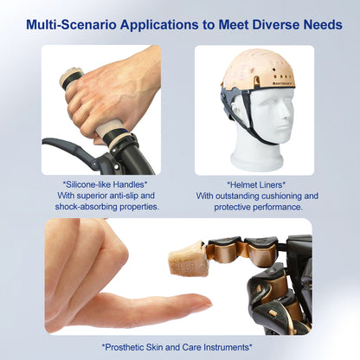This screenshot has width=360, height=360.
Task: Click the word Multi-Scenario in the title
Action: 72,25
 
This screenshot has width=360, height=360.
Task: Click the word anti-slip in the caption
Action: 119,196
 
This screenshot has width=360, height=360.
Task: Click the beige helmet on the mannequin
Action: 258,68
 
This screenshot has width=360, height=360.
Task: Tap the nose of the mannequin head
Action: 287,116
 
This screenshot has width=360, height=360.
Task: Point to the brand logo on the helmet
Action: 284,83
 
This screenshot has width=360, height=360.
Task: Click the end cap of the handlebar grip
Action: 70,76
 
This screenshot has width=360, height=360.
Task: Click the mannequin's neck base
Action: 256,160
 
